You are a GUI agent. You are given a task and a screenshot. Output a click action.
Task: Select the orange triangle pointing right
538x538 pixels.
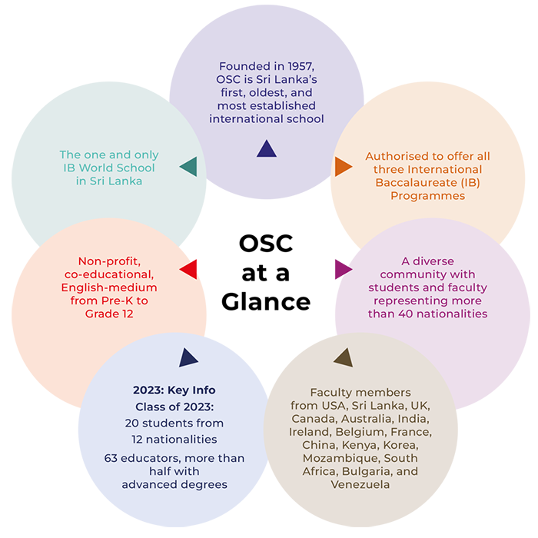343,166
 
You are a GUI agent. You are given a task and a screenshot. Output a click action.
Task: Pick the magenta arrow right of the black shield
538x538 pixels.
329,263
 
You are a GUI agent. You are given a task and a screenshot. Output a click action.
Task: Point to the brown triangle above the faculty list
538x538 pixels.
343,357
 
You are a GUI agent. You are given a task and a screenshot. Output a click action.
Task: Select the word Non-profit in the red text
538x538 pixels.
112,261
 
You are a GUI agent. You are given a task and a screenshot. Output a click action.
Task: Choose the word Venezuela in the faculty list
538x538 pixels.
360,484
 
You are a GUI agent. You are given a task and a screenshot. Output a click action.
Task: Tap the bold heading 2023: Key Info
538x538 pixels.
173,389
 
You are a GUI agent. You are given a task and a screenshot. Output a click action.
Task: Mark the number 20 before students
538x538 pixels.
134,423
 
